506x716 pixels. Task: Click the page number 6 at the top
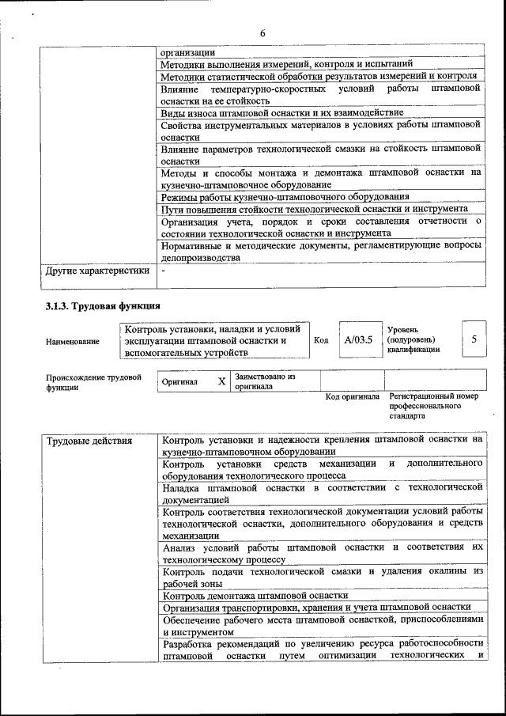262,32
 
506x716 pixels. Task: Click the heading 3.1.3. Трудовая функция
104,305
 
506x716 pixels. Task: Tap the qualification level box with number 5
474,339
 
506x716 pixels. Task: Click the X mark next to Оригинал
221,381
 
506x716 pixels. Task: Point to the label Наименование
73,341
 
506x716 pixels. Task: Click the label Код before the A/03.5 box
321,340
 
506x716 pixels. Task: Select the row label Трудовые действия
89,441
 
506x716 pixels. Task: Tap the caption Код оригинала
353,396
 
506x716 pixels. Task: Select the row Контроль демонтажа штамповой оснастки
255,595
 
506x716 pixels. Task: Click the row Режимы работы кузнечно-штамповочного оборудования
285,196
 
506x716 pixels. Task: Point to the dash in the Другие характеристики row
163,271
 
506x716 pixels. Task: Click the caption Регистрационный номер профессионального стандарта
433,405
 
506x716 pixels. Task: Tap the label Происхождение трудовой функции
93,382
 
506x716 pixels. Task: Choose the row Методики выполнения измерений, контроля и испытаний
286,64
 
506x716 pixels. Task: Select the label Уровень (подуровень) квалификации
413,339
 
